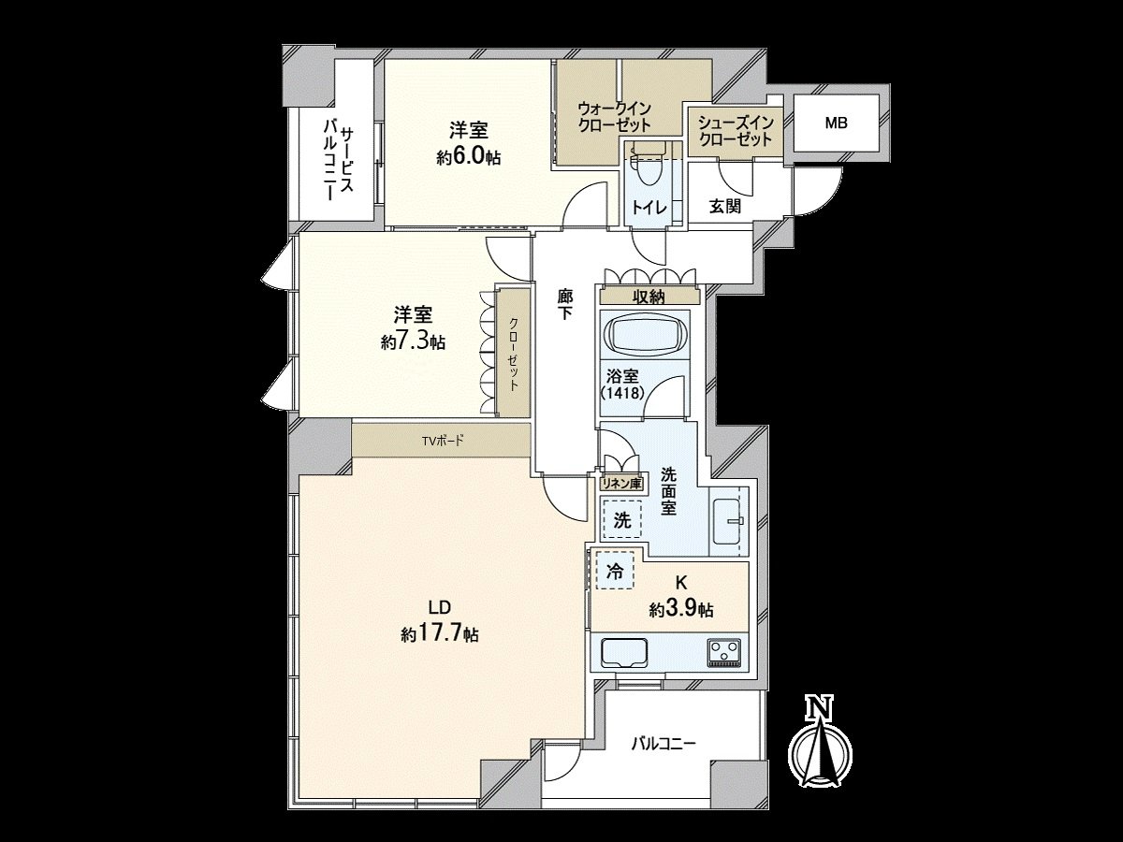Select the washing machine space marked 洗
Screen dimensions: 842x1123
pos(621,520)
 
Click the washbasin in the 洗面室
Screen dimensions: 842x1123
pos(727,515)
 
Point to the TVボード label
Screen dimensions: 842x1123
pos(442,439)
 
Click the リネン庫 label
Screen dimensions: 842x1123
pos(620,485)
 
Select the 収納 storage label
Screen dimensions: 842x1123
pos(647,297)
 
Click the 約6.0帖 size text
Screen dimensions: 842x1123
pos(468,158)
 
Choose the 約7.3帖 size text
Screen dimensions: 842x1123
pos(413,342)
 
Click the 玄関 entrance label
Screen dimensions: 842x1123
pos(725,206)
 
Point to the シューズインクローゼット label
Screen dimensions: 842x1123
pos(736,131)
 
